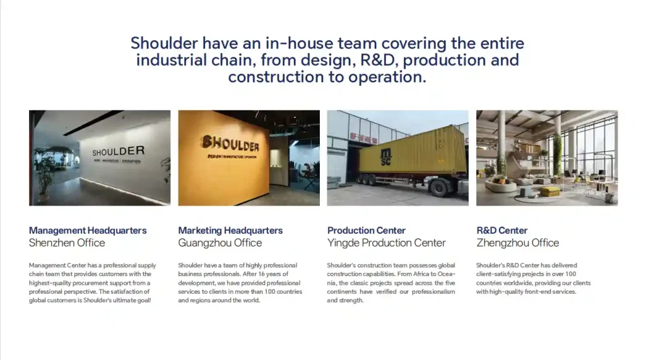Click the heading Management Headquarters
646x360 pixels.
click(88, 231)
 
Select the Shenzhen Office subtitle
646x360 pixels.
click(67, 243)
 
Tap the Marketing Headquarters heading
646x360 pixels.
click(230, 231)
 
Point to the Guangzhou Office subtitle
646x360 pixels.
click(220, 243)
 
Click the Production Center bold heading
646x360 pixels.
click(366, 231)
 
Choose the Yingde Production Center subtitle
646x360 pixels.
click(386, 243)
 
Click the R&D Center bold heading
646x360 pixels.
click(502, 231)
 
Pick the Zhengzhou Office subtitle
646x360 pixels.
click(517, 243)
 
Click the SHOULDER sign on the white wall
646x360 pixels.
click(118, 151)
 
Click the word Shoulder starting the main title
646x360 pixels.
click(163, 44)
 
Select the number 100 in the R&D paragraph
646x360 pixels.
click(572, 274)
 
